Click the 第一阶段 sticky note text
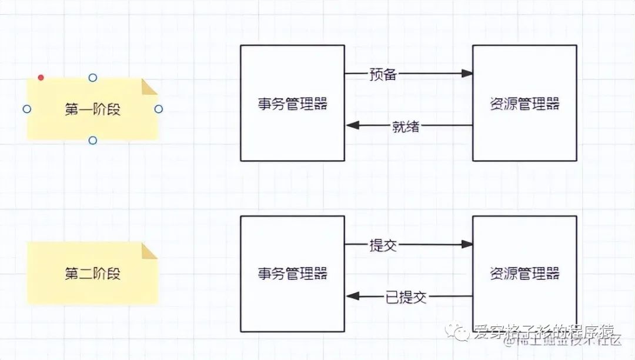click(x=92, y=109)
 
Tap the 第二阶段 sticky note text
click(x=92, y=274)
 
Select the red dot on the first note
click(x=41, y=78)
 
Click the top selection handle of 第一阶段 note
click(x=92, y=78)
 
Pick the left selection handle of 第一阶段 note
click(x=26, y=109)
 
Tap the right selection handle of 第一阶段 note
click(x=158, y=109)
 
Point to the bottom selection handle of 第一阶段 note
click(x=92, y=140)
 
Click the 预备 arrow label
click(x=383, y=74)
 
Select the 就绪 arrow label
click(x=406, y=126)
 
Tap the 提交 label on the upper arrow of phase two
click(x=383, y=245)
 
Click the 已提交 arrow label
click(x=406, y=296)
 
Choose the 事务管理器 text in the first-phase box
click(x=292, y=105)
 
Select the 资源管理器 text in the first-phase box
click(x=524, y=105)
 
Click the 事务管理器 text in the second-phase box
click(x=292, y=274)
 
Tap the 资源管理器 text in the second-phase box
click(x=524, y=274)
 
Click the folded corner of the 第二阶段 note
click(x=151, y=251)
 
